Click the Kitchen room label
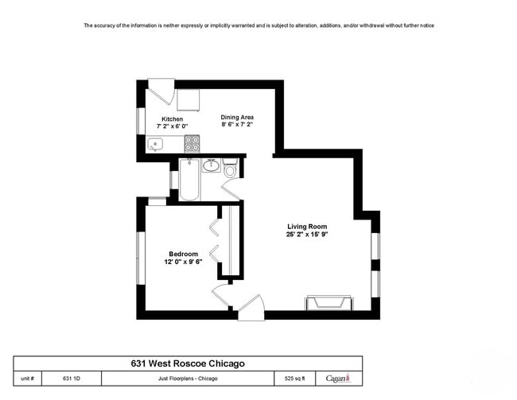173,119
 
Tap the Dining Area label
237,117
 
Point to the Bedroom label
183,254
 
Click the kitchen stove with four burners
192,144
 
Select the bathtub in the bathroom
189,181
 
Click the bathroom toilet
230,169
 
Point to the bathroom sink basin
211,165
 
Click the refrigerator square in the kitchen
188,100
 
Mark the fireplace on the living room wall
328,303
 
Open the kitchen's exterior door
160,92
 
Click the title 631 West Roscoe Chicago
188,363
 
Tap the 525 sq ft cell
293,379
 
